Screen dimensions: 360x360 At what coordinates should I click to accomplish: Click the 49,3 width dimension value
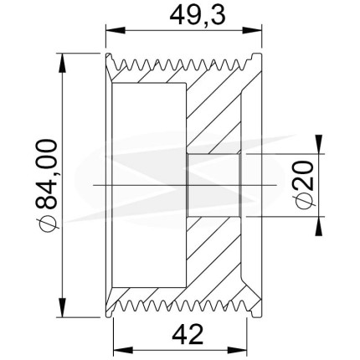click(x=198, y=16)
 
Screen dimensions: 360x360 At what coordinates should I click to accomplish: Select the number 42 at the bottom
click(x=188, y=334)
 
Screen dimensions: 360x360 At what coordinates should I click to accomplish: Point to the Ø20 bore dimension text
click(x=303, y=185)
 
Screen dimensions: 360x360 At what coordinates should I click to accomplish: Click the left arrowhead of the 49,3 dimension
click(x=115, y=30)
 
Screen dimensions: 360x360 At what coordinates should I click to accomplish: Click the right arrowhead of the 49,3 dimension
click(x=253, y=30)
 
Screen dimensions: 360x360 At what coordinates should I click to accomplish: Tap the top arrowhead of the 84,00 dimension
click(x=62, y=63)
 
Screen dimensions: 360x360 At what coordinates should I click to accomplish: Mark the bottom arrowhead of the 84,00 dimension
click(x=62, y=307)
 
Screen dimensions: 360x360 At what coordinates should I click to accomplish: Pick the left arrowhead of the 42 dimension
click(x=122, y=349)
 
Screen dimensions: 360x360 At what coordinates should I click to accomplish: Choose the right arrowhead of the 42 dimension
click(x=238, y=349)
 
